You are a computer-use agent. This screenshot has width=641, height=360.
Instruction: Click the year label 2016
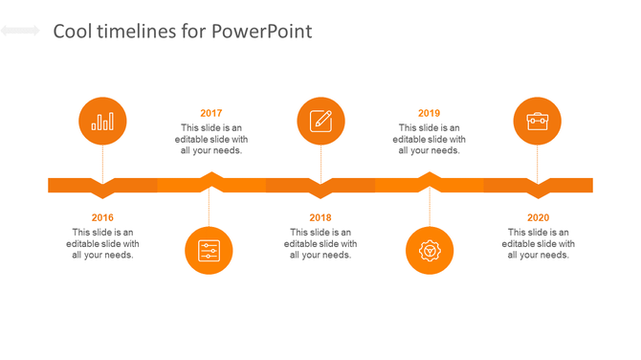pyautogui.click(x=102, y=218)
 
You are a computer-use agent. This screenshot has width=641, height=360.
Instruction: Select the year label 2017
pyautogui.click(x=211, y=113)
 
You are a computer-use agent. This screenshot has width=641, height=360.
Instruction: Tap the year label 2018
pyautogui.click(x=320, y=218)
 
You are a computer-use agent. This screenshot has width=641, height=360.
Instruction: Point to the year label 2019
pyautogui.click(x=430, y=113)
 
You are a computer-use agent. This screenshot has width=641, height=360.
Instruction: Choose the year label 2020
pyautogui.click(x=539, y=218)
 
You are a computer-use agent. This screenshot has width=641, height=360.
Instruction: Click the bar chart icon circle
pyautogui.click(x=102, y=122)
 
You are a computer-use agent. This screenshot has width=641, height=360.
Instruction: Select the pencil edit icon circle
pyautogui.click(x=320, y=122)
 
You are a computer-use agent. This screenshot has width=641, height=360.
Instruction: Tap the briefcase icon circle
pyautogui.click(x=538, y=122)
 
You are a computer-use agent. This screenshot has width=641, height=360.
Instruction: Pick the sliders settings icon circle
pyautogui.click(x=209, y=251)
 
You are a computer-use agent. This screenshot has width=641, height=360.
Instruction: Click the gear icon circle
pyautogui.click(x=430, y=251)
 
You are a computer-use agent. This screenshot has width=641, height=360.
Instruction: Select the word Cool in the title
pyautogui.click(x=72, y=32)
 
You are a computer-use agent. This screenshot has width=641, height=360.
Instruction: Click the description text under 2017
pyautogui.click(x=211, y=139)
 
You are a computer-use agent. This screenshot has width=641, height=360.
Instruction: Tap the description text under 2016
pyautogui.click(x=102, y=243)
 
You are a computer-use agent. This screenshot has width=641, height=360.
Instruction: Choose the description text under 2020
pyautogui.click(x=539, y=243)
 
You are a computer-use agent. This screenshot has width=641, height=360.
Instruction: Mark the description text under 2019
pyautogui.click(x=430, y=139)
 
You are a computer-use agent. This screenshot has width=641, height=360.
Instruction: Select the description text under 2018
pyautogui.click(x=320, y=243)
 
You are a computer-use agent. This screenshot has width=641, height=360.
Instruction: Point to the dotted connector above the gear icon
pyautogui.click(x=430, y=206)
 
